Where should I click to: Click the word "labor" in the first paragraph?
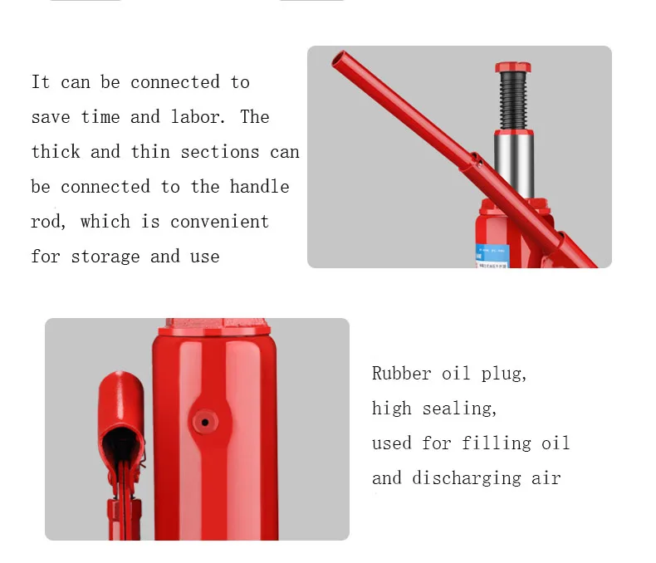[x=196, y=117]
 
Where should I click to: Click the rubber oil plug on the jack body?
[x=203, y=422]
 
